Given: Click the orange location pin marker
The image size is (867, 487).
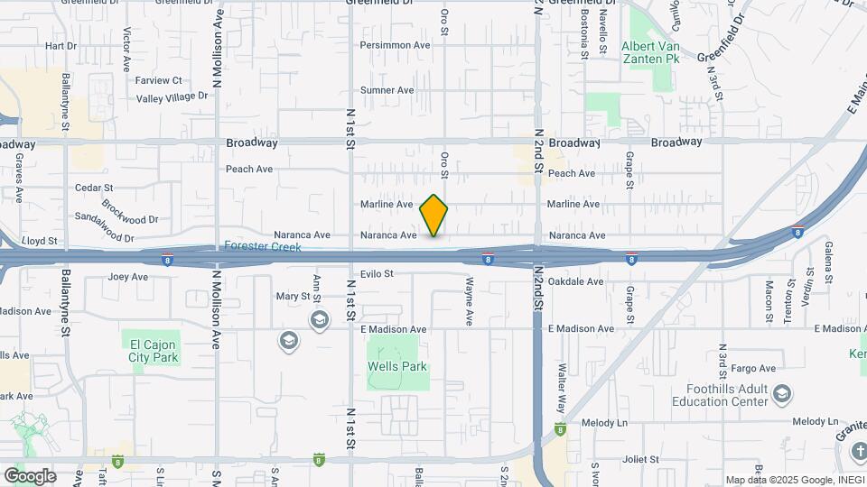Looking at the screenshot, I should pyautogui.click(x=433, y=215).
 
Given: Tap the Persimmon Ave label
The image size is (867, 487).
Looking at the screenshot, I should pyautogui.click(x=395, y=44).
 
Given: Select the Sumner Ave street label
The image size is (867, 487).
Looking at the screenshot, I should pyautogui.click(x=387, y=90).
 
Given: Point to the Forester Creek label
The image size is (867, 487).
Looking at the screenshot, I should pyautogui.click(x=262, y=246).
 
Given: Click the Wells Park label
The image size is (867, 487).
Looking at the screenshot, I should pyautogui.click(x=396, y=367).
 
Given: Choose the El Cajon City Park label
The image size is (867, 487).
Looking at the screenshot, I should pyautogui.click(x=154, y=351).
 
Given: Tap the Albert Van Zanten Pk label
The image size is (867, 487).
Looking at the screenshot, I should pyautogui.click(x=649, y=52).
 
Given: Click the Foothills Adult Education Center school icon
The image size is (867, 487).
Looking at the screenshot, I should pyautogui.click(x=781, y=394).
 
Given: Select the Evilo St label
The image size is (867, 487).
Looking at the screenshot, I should pyautogui.click(x=377, y=273).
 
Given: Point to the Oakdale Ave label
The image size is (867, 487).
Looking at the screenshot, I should pyautogui.click(x=575, y=281).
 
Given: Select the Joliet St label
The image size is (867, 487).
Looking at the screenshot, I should pyautogui.click(x=642, y=459).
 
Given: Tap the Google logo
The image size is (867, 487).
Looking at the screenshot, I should pyautogui.click(x=29, y=475).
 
